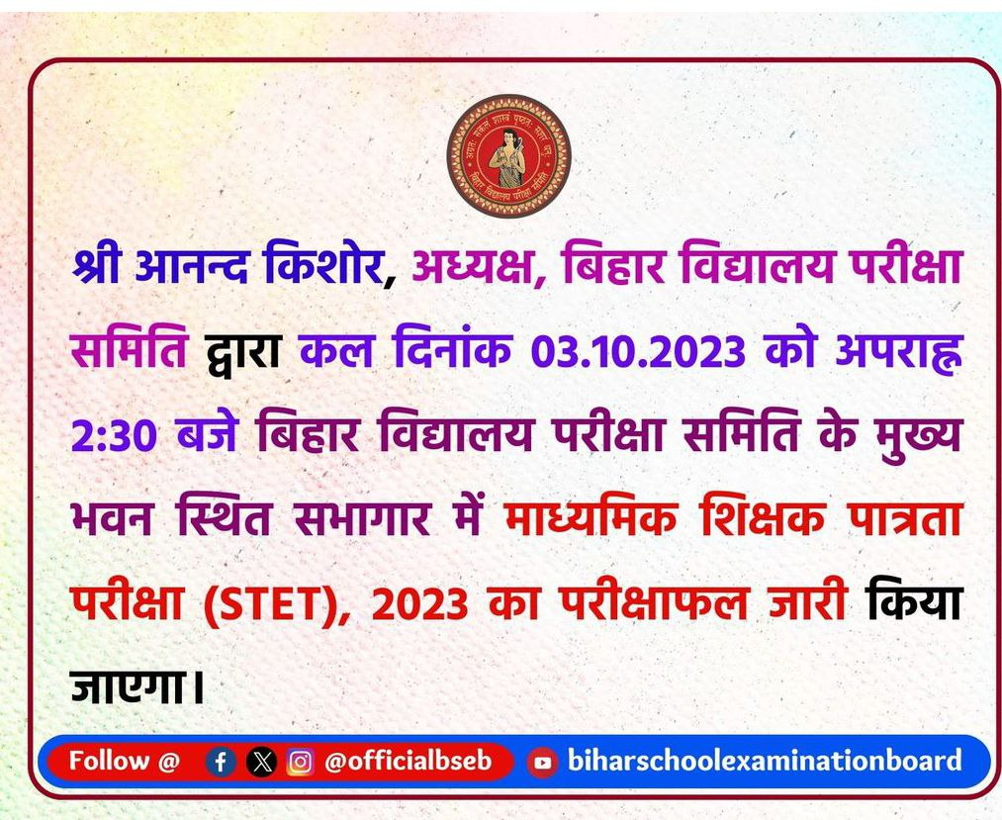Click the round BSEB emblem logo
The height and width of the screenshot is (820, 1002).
[x=508, y=156]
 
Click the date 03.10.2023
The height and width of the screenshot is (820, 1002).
[x=638, y=351]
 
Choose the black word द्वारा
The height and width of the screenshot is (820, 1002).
[x=242, y=351]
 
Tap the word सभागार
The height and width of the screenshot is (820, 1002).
[x=362, y=520]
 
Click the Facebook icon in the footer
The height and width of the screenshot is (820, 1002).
[x=221, y=762]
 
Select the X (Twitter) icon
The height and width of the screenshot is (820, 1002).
[x=261, y=762]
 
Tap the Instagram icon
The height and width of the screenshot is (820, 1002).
[x=301, y=762]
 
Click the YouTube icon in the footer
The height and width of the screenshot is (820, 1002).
[x=542, y=763]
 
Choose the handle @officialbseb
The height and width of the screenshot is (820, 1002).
[x=409, y=761]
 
